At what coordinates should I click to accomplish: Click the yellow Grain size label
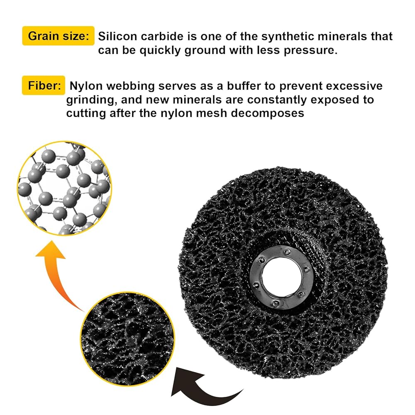pos(58,36)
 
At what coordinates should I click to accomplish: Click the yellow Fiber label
pos(44,85)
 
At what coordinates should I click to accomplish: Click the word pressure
pos(310,51)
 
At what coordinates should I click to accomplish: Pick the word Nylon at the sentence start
pos(86,86)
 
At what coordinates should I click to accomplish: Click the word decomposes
pos(268,114)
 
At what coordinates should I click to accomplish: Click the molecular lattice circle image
pos(64,188)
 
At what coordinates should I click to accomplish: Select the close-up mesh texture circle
pos(127,339)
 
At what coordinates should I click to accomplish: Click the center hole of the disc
pos(281,276)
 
